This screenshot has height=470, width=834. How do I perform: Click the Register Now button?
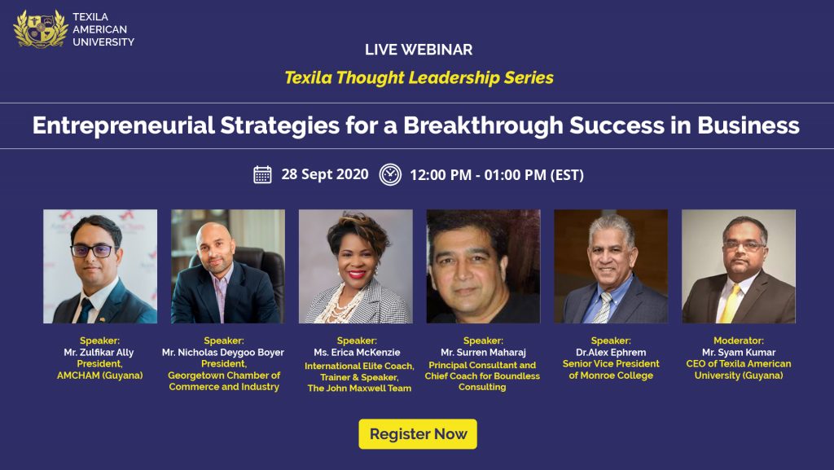pyautogui.click(x=418, y=434)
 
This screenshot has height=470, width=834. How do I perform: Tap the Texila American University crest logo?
pyautogui.click(x=40, y=28)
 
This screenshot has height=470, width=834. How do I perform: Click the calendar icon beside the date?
pyautogui.click(x=262, y=174)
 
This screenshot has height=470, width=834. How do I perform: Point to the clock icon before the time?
pyautogui.click(x=390, y=174)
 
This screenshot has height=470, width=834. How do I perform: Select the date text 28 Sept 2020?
pyautogui.click(x=325, y=174)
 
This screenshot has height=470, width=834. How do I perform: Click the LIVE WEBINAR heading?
pyautogui.click(x=419, y=50)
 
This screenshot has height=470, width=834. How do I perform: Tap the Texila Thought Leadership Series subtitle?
pyautogui.click(x=419, y=78)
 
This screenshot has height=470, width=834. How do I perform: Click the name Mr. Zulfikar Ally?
pyautogui.click(x=100, y=353)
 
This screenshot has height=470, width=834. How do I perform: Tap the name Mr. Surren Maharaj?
pyautogui.click(x=482, y=353)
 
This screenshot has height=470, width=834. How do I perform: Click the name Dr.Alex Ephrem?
pyautogui.click(x=609, y=353)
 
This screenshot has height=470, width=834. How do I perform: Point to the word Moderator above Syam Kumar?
pyautogui.click(x=738, y=340)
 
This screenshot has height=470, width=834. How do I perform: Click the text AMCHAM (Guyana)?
pyautogui.click(x=100, y=376)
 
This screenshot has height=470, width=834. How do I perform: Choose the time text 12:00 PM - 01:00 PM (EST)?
pyautogui.click(x=497, y=174)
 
